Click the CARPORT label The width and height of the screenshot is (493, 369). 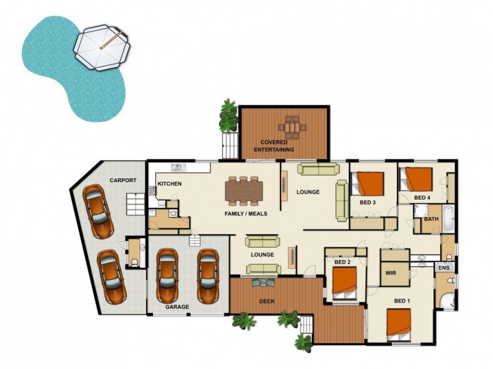(x=123, y=180)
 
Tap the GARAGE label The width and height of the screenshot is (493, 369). (x=177, y=306)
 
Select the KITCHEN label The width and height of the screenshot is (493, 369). (x=169, y=184)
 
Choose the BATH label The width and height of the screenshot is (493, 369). (x=431, y=219)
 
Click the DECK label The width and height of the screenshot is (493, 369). (x=267, y=301)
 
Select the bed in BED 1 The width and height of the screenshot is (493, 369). (x=398, y=324)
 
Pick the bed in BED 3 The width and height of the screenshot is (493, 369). (x=369, y=183)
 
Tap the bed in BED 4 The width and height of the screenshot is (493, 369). (x=418, y=178)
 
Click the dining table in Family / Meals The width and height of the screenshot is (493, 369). (x=244, y=191)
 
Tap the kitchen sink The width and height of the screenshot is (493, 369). (x=177, y=167)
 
